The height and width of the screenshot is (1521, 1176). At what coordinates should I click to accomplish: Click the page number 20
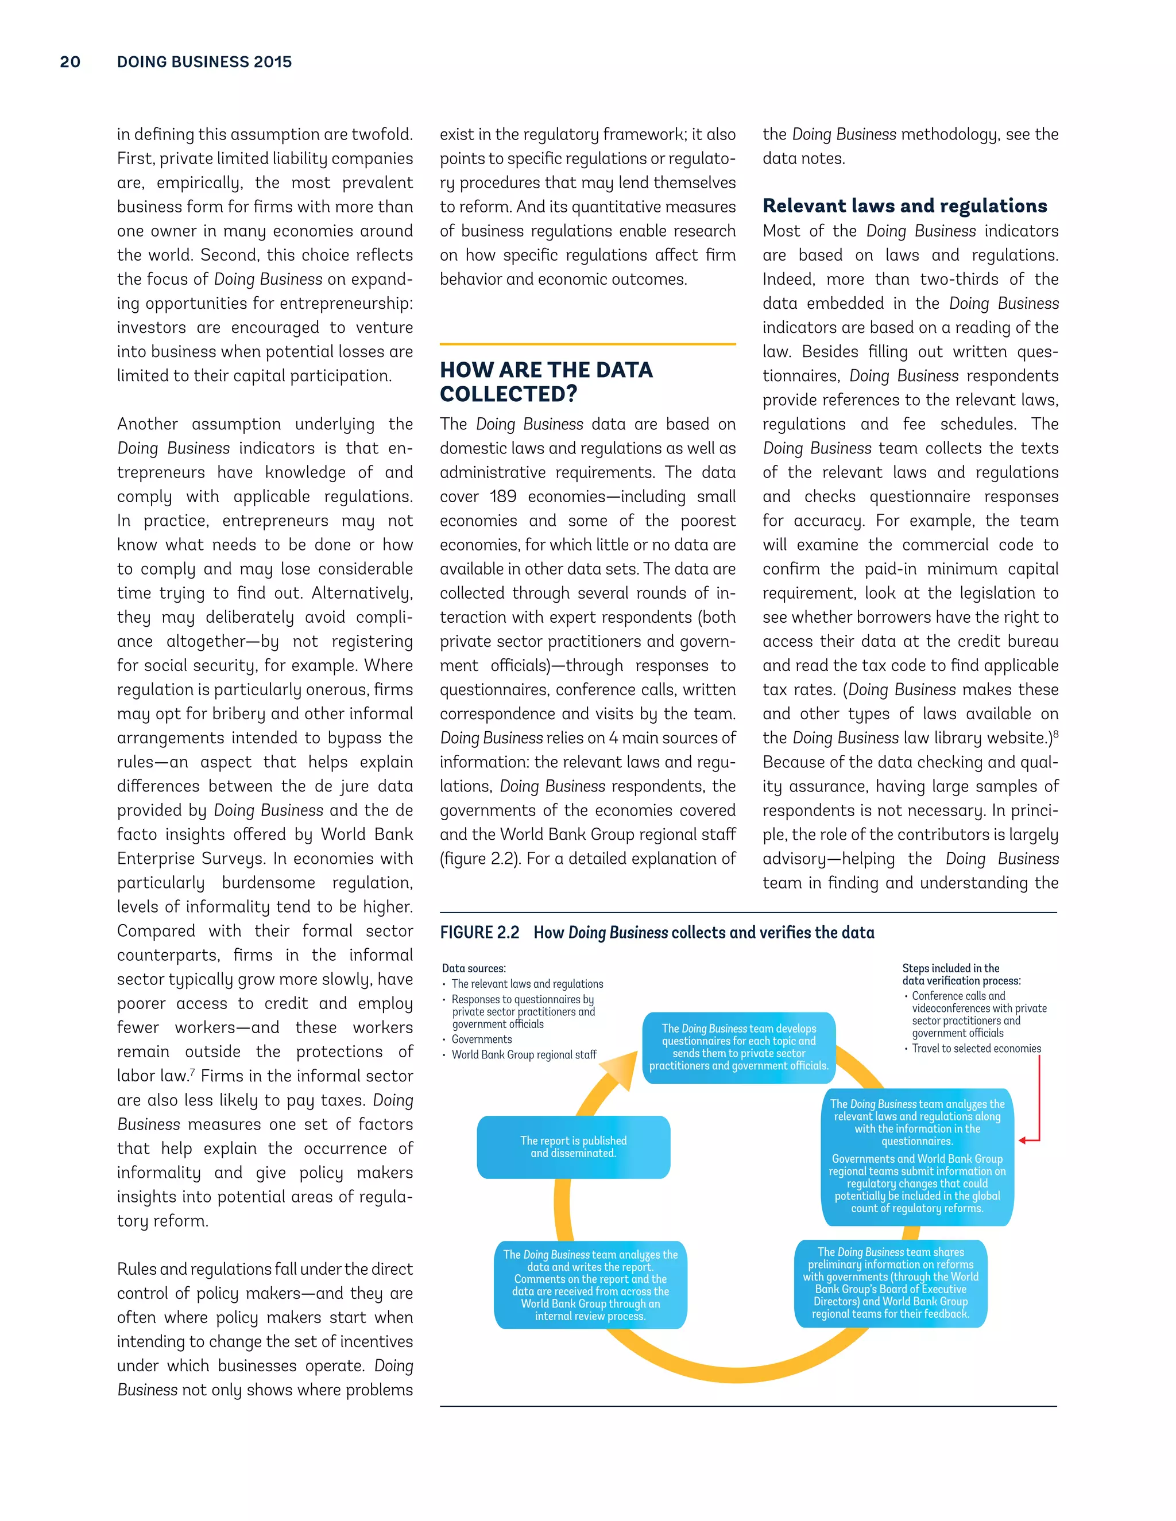71,62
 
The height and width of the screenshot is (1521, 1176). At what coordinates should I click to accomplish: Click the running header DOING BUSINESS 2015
204,62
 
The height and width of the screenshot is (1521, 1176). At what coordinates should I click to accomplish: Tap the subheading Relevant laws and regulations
904,206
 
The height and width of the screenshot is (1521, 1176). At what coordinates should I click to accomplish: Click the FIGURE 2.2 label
479,933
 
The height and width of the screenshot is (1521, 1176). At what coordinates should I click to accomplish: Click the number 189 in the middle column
502,496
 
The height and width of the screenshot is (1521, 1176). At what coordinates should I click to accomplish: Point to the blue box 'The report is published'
574,1146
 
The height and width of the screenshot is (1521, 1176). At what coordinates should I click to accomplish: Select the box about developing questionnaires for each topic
738,1047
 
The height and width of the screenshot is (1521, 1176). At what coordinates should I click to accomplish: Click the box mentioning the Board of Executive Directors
891,1283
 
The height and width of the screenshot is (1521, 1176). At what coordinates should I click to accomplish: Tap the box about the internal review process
590,1285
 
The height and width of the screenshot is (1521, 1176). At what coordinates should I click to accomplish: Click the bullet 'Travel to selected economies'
976,1049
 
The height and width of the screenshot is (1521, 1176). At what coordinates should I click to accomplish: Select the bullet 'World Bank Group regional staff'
524,1054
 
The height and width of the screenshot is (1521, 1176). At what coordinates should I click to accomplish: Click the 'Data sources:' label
474,968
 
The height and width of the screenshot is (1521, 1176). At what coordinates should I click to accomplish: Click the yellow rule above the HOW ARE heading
587,344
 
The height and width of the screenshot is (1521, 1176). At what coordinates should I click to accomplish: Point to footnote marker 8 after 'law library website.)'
1056,734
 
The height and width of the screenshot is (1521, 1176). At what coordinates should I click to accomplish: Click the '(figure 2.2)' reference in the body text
480,859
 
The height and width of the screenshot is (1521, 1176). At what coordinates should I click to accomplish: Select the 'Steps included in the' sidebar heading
950,968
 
